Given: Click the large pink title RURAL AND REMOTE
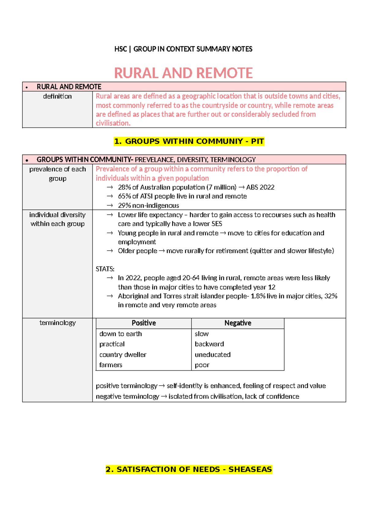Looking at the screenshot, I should pyautogui.click(x=183, y=73).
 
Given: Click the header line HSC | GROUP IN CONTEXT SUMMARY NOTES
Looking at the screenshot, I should pyautogui.click(x=183, y=49).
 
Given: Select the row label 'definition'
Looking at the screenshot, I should pyautogui.click(x=57, y=96).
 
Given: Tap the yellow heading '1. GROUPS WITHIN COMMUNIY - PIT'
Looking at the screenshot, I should pyautogui.click(x=189, y=141).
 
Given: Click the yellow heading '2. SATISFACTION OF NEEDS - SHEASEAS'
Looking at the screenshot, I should pyautogui.click(x=189, y=469).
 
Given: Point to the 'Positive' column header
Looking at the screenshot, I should pyautogui.click(x=144, y=323).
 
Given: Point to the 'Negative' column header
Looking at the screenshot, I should pyautogui.click(x=238, y=323).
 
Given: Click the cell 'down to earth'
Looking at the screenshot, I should pyautogui.click(x=120, y=334).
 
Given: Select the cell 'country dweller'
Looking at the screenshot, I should pyautogui.click(x=123, y=355).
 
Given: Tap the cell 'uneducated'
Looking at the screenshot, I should pyautogui.click(x=213, y=355).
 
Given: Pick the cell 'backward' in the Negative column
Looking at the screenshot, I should pyautogui.click(x=209, y=344).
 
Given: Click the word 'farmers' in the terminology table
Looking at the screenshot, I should pyautogui.click(x=111, y=365).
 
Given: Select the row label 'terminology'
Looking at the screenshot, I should pyautogui.click(x=57, y=323).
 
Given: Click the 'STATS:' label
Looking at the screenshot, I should pyautogui.click(x=105, y=269).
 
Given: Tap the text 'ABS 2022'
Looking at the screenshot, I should pyautogui.click(x=260, y=187).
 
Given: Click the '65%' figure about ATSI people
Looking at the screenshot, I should pyautogui.click(x=124, y=196).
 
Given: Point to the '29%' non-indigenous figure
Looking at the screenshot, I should pyautogui.click(x=124, y=205).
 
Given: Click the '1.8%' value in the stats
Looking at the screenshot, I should pyautogui.click(x=258, y=296).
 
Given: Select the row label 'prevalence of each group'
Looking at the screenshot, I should pyautogui.click(x=57, y=174).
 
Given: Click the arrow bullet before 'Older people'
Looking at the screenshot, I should pyautogui.click(x=110, y=251).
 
